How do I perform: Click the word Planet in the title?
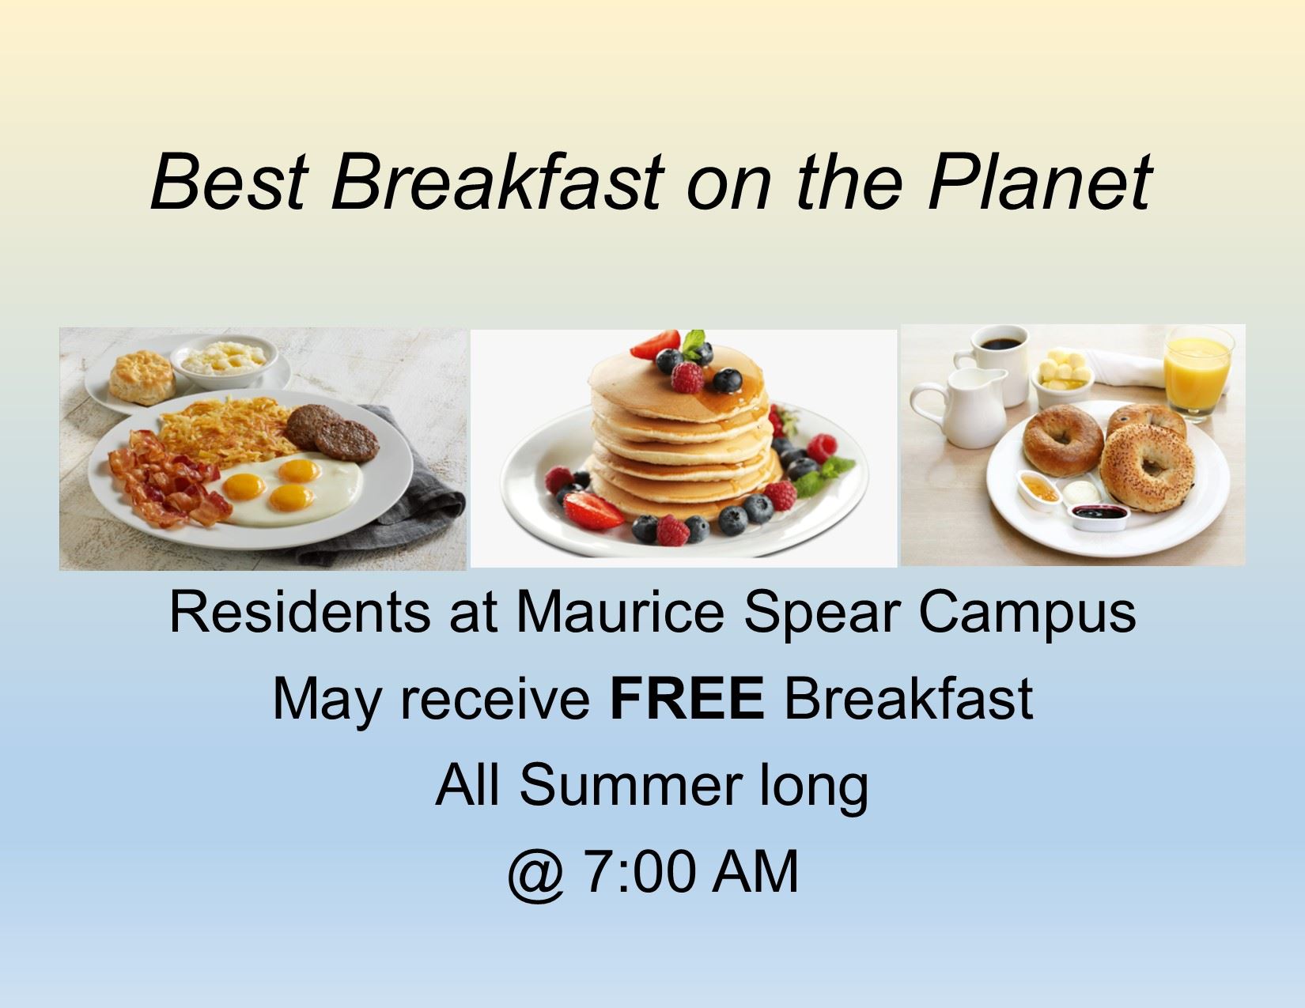coord(1039,183)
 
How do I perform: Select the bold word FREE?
coord(687,698)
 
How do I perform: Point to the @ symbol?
coord(536,874)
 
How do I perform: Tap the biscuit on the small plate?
coord(141,377)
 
